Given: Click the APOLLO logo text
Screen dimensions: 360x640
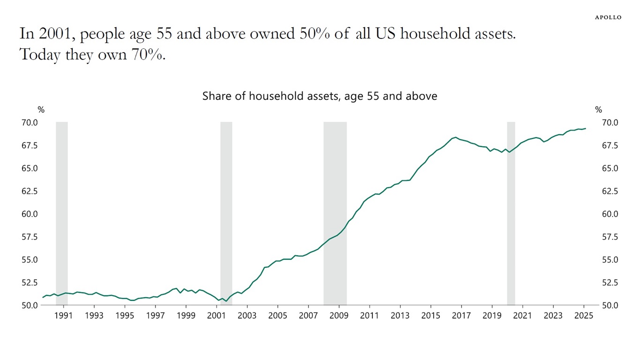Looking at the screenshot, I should point(608,17).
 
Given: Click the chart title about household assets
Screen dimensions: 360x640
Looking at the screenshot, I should point(320,96).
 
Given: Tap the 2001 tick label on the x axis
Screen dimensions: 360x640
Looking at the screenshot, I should point(216,315).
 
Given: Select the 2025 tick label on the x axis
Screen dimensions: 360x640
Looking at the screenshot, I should point(583,315).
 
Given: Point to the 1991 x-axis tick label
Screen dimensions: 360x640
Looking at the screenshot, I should point(64,315).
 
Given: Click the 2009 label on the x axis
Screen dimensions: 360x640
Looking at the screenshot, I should point(339,315).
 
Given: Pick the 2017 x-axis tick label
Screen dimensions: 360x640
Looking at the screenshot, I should point(461,315).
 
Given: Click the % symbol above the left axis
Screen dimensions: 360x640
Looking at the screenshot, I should point(41,110).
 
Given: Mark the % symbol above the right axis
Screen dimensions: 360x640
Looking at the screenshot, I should point(598,110).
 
